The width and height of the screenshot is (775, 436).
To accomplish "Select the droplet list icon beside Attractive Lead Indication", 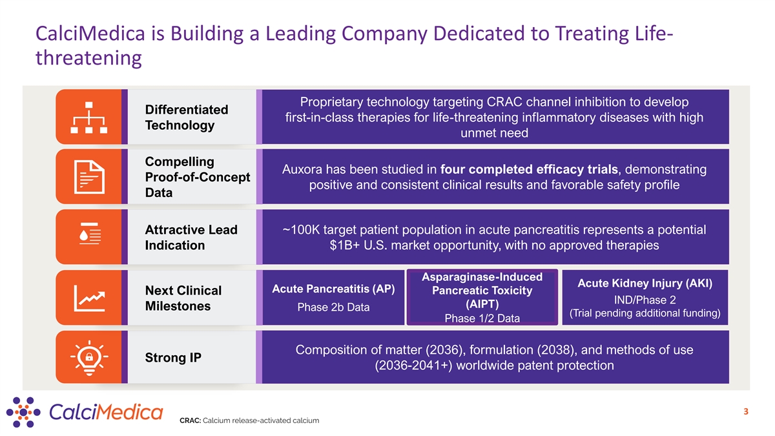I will tap(89, 237).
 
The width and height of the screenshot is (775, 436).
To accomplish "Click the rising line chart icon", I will tap(89, 298).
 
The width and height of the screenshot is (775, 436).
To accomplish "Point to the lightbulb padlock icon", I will tap(89, 357).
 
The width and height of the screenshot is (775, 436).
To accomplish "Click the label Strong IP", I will tap(173, 357).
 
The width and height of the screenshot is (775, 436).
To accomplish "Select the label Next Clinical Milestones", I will tap(183, 298).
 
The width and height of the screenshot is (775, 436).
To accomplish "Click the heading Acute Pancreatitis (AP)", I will tap(333, 288).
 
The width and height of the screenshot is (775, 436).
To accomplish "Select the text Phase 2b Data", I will tap(333, 307).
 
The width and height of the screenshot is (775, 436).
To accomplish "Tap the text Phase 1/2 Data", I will tap(482, 318).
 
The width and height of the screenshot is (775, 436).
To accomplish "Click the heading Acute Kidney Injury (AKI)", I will tap(645, 284).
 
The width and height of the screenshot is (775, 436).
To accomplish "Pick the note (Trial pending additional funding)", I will tap(645, 314).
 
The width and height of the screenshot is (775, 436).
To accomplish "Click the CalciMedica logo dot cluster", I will tap(23, 411).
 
